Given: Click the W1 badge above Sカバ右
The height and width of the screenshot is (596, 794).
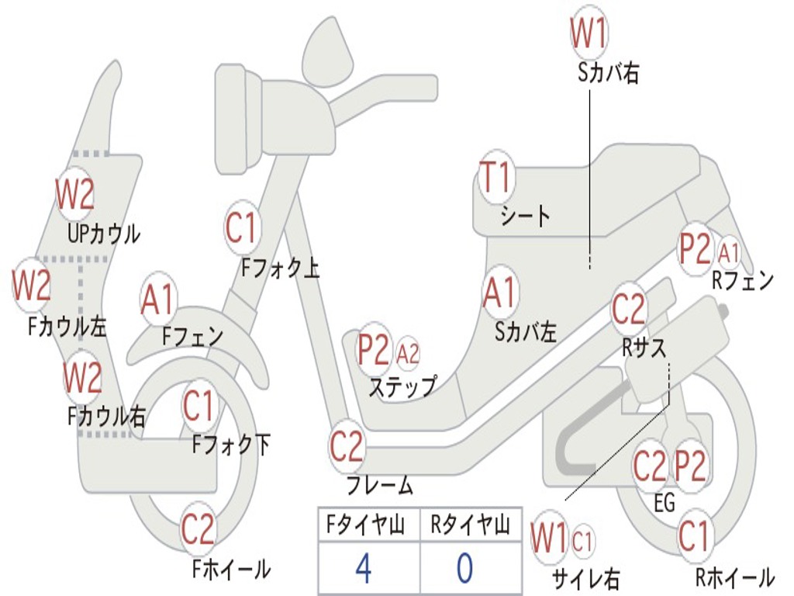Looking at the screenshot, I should click(589, 34).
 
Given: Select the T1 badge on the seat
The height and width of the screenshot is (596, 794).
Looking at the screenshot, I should click(495, 178).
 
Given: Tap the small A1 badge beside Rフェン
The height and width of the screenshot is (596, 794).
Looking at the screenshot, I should click(729, 251).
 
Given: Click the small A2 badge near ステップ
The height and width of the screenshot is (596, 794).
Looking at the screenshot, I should click(408, 354).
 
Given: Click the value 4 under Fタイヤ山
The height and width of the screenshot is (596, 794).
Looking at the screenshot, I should click(363, 569).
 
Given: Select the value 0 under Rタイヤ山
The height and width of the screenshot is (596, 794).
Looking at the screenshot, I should click(464, 569).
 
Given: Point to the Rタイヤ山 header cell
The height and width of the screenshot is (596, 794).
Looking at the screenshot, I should click(470, 526).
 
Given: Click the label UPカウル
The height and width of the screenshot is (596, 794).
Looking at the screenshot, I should click(104, 233).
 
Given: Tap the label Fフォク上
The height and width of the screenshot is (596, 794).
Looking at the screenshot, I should click(280, 268).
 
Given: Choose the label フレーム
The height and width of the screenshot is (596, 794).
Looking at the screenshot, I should click(380, 486).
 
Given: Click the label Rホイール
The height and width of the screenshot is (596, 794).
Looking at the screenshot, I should click(734, 577).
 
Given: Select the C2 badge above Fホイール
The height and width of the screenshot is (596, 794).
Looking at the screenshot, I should click(198, 530).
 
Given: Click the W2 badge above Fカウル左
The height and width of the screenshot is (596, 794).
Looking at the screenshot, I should click(31, 286).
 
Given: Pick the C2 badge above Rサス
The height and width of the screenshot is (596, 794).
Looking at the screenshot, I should click(629, 309).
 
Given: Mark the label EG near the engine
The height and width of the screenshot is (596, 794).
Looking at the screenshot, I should click(665, 503).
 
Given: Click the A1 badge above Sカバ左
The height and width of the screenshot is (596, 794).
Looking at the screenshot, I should click(499, 293).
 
